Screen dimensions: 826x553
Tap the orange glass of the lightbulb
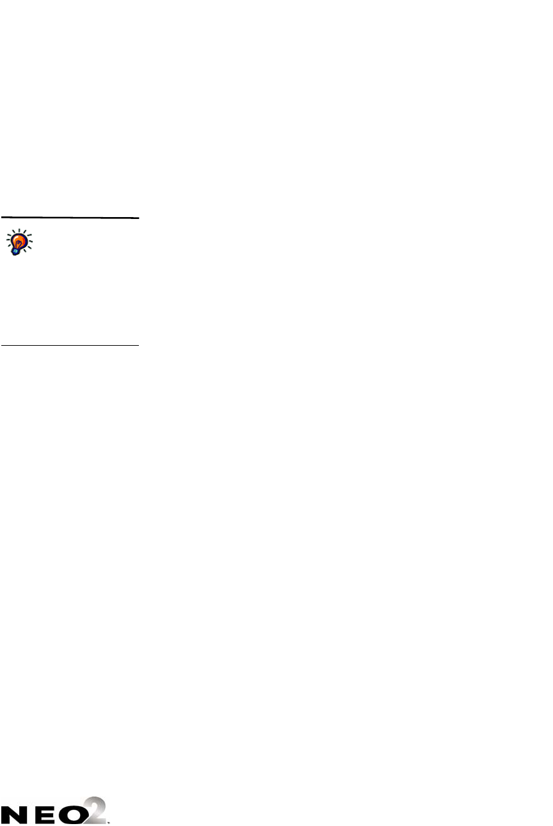coord(21,240)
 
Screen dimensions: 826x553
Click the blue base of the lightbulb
coord(15,251)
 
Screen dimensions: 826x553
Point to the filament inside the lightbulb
coord(20,242)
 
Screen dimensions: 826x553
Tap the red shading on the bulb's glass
coord(25,243)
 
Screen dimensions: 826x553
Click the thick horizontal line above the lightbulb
coord(69,218)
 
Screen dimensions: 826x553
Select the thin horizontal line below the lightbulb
coord(69,346)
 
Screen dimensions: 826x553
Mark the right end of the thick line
coord(138,218)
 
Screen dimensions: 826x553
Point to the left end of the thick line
coord(1,218)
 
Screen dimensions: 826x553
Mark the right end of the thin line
coord(138,346)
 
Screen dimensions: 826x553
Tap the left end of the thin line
coord(1,346)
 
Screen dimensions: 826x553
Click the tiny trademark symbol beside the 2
coord(110,820)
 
